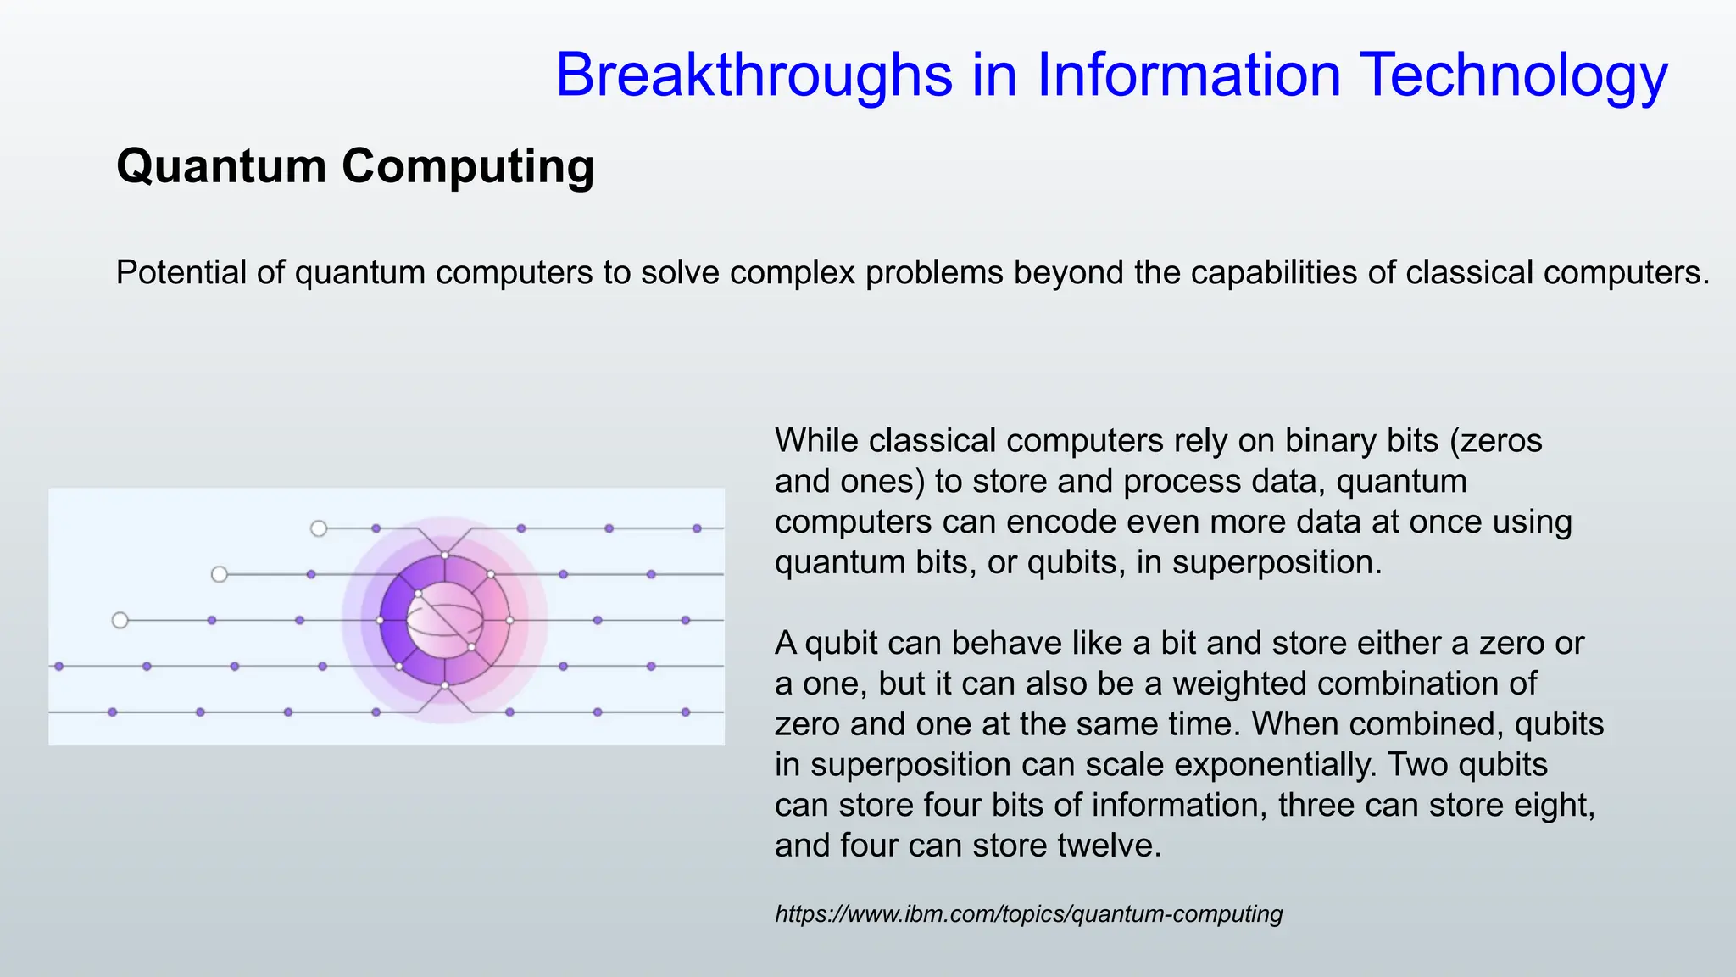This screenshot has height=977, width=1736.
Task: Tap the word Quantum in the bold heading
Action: (221, 165)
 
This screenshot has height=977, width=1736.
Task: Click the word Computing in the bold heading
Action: (468, 165)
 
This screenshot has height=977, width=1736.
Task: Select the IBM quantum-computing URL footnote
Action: (1028, 913)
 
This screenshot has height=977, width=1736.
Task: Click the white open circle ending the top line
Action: (319, 528)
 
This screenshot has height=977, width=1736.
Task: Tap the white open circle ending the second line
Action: (220, 574)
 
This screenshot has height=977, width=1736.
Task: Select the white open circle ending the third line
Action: (120, 620)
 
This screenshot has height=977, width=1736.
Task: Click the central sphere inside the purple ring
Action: (444, 620)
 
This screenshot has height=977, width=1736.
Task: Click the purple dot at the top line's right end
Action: (697, 528)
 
